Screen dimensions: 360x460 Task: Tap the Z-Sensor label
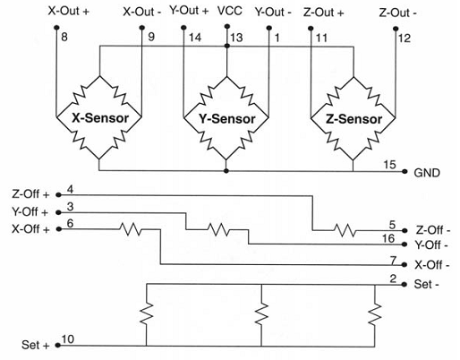point(353,118)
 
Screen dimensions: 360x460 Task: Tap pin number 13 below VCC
point(237,39)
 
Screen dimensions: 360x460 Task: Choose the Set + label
point(37,344)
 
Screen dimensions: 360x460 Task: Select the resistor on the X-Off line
point(131,230)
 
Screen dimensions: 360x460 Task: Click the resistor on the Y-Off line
point(218,230)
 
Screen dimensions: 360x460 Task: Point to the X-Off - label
point(431,265)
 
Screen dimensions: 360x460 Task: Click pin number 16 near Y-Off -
point(388,237)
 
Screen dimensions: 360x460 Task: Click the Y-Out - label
point(275,12)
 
